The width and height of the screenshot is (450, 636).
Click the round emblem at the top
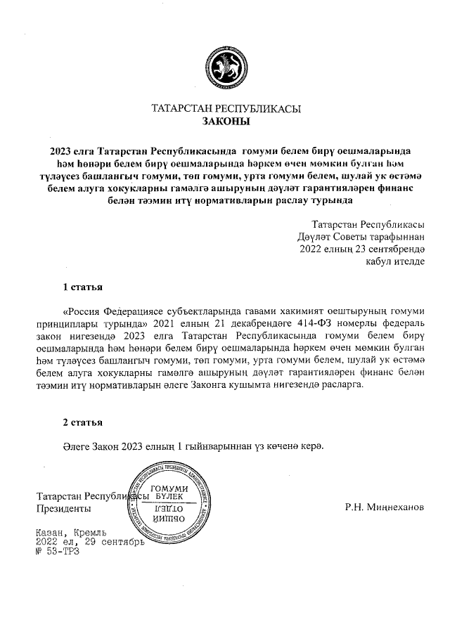point(226,67)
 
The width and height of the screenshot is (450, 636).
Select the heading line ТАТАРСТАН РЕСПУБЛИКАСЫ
point(226,109)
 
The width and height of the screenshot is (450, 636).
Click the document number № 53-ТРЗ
point(58,552)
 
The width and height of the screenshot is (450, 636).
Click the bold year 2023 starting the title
point(61,150)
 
